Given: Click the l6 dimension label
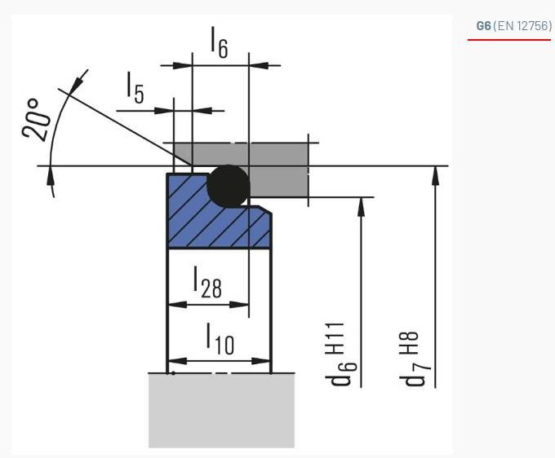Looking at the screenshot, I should pyautogui.click(x=219, y=42).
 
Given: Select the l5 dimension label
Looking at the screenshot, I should pyautogui.click(x=135, y=88).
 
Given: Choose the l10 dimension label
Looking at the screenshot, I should pyautogui.click(x=219, y=339).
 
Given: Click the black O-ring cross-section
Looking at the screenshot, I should pyautogui.click(x=228, y=185).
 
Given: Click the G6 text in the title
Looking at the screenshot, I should pyautogui.click(x=484, y=26).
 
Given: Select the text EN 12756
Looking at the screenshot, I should pyautogui.click(x=526, y=26).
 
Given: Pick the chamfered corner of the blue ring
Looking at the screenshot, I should pyautogui.click(x=265, y=211).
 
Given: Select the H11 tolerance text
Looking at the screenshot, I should pyautogui.click(x=336, y=337).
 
